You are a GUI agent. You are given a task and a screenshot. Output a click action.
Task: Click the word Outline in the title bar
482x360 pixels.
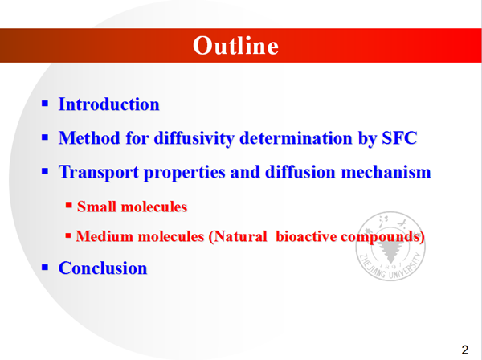pyautogui.click(x=235, y=46)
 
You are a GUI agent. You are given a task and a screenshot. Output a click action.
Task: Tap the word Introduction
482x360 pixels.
pyautogui.click(x=109, y=104)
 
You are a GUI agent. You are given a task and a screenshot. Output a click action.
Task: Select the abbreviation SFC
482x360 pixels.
pyautogui.click(x=399, y=137)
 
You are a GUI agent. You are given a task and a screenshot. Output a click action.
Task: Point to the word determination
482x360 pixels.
pyautogui.click(x=296, y=137)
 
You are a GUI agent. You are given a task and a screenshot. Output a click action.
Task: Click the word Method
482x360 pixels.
pyautogui.click(x=89, y=137)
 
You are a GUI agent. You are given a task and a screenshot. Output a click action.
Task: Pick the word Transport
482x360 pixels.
pyautogui.click(x=98, y=172)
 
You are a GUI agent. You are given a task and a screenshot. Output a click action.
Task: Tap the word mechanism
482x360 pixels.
pyautogui.click(x=386, y=172)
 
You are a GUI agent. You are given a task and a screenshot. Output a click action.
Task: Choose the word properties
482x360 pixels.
pyautogui.click(x=185, y=173)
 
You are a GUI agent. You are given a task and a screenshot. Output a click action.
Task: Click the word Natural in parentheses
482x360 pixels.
pyautogui.click(x=238, y=236)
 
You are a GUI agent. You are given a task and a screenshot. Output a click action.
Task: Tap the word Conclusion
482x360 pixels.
pyautogui.click(x=103, y=268)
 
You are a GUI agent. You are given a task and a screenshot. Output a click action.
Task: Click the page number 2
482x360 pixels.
pyautogui.click(x=465, y=350)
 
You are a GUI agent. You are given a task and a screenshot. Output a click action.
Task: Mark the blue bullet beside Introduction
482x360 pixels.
pyautogui.click(x=45, y=104)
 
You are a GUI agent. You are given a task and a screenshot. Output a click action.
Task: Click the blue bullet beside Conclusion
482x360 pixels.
pyautogui.click(x=45, y=267)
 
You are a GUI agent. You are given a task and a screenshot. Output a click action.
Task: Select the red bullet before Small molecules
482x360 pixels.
pyautogui.click(x=68, y=205)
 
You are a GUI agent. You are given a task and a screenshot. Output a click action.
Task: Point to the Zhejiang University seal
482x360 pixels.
pyautogui.click(x=390, y=246)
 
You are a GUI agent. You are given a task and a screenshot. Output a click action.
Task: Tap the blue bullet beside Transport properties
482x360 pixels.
pyautogui.click(x=45, y=171)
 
